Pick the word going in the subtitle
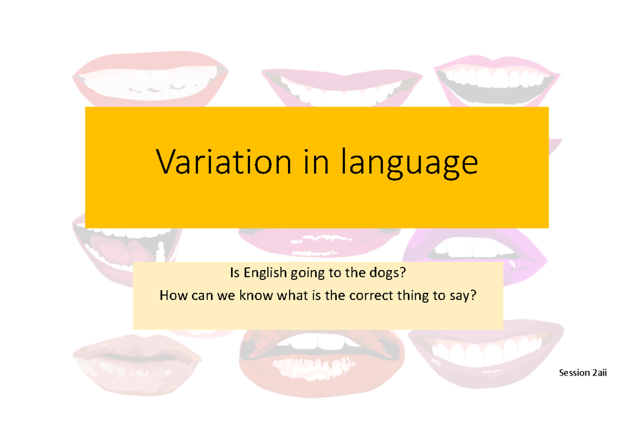[311, 274]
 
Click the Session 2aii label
[583, 373]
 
